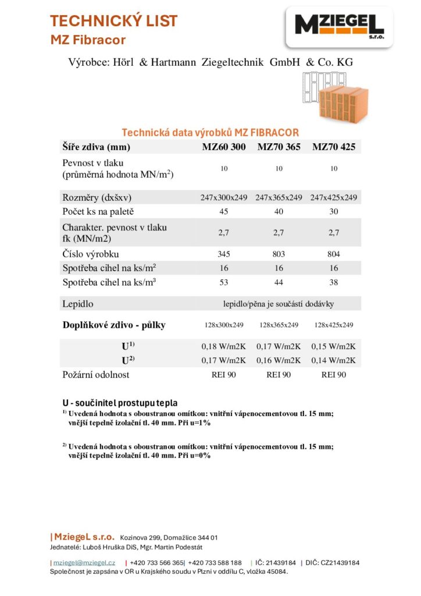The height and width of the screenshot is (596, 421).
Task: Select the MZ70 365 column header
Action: (279, 147)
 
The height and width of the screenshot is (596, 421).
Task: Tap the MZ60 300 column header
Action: (224, 147)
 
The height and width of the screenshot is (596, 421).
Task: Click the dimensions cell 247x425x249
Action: (333, 197)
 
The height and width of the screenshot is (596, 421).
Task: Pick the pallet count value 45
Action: (224, 211)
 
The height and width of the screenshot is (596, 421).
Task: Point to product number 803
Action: (279, 254)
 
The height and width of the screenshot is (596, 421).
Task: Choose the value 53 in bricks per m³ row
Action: (224, 282)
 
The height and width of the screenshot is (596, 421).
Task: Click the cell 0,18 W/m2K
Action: (224, 346)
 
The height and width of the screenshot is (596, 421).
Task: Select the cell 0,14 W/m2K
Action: (333, 360)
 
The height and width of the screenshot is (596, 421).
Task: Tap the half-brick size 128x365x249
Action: (279, 325)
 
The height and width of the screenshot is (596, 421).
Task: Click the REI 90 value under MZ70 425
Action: (333, 375)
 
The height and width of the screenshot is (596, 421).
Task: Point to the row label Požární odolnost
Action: (96, 375)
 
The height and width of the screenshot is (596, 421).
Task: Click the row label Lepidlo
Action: (78, 304)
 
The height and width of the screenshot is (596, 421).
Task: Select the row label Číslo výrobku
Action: (90, 254)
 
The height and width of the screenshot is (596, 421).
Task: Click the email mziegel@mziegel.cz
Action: (84, 563)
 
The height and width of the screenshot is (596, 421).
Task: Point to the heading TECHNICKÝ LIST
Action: (114, 22)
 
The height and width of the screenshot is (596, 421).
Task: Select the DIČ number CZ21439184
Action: (334, 563)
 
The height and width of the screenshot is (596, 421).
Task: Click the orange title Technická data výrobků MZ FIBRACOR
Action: (210, 133)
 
